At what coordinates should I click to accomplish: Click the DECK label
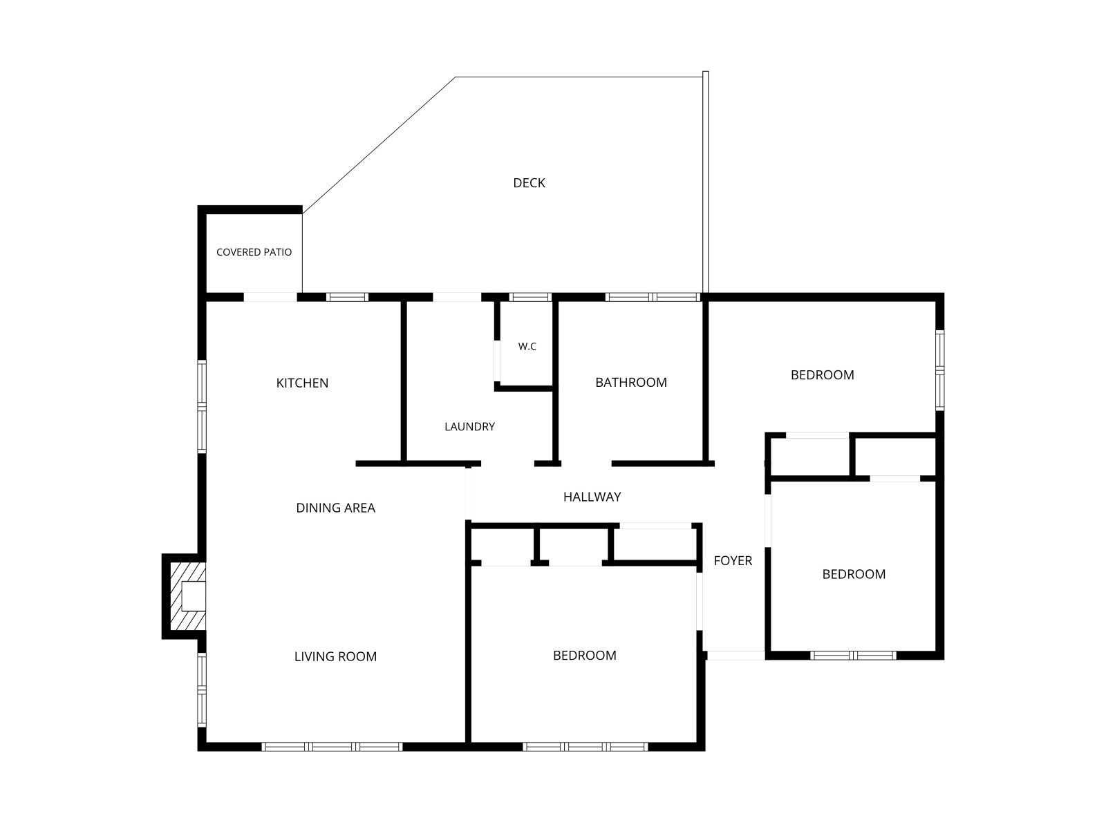[x=529, y=182]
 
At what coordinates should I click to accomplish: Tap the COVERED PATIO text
[x=254, y=252]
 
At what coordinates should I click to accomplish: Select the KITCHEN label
[x=302, y=383]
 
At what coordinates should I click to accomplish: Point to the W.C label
[x=527, y=346]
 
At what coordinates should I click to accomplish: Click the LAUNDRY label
[x=469, y=427]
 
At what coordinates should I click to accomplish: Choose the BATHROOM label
[x=631, y=383]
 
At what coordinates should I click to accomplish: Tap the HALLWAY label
[x=592, y=497]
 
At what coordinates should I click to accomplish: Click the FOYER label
[x=733, y=560]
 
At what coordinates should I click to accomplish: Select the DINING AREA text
[x=335, y=508]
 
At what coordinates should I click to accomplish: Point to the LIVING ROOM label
[x=335, y=656]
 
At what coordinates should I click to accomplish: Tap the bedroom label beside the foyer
[x=854, y=574]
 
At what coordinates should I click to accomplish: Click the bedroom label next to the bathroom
[x=823, y=375]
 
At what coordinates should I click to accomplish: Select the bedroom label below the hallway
[x=585, y=656]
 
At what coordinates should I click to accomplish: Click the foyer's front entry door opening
[x=736, y=656]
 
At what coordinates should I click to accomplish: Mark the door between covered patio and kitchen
[x=270, y=297]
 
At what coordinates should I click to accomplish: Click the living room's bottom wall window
[x=332, y=747]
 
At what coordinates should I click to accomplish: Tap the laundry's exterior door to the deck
[x=457, y=297]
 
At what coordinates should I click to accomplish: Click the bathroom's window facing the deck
[x=653, y=297]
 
